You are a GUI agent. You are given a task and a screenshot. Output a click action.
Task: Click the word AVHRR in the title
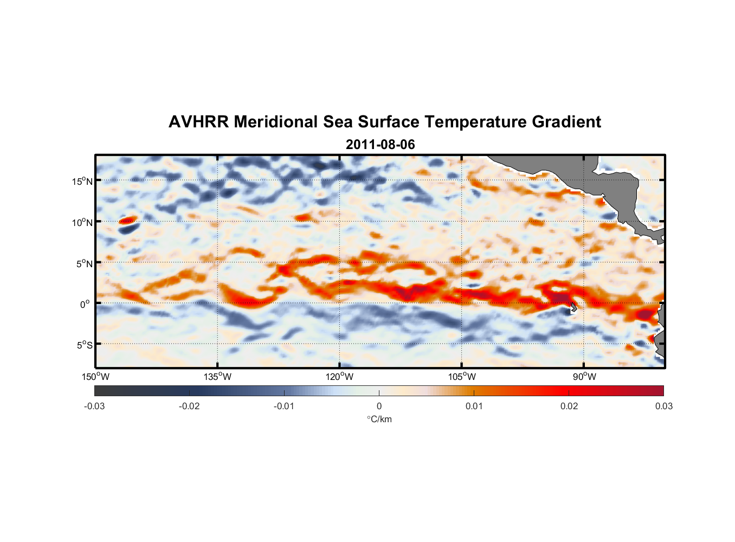(198, 122)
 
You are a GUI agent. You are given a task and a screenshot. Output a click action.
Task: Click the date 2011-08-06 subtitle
(380, 145)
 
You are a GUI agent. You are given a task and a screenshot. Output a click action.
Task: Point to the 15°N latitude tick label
(82, 181)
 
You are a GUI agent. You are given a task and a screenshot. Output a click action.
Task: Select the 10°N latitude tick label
(82, 222)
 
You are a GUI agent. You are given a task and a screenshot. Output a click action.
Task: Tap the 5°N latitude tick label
(84, 263)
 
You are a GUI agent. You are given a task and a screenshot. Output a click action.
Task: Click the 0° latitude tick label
(85, 304)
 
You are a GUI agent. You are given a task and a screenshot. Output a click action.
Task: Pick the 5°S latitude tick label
(84, 345)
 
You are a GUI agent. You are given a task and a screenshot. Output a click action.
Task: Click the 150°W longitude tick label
(95, 377)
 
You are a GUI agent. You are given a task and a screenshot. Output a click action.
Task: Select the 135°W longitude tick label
(217, 377)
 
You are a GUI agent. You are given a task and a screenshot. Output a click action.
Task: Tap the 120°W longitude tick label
(339, 377)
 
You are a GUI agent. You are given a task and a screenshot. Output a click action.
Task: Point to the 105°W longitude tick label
(462, 377)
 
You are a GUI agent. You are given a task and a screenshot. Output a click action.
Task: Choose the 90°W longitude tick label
(584, 377)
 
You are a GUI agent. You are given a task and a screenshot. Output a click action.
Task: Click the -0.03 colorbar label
(94, 406)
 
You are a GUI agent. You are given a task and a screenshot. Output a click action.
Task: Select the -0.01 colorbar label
(284, 406)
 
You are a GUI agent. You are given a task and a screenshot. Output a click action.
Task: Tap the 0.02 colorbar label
(569, 406)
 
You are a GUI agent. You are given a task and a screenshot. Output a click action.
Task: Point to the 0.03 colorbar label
(663, 406)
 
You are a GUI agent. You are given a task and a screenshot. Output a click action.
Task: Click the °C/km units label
(379, 419)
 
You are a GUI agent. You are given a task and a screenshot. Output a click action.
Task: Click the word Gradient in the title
(566, 122)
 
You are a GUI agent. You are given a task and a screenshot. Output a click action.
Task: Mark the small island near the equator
(573, 307)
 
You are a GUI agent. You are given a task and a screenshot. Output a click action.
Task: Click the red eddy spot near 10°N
(128, 220)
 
